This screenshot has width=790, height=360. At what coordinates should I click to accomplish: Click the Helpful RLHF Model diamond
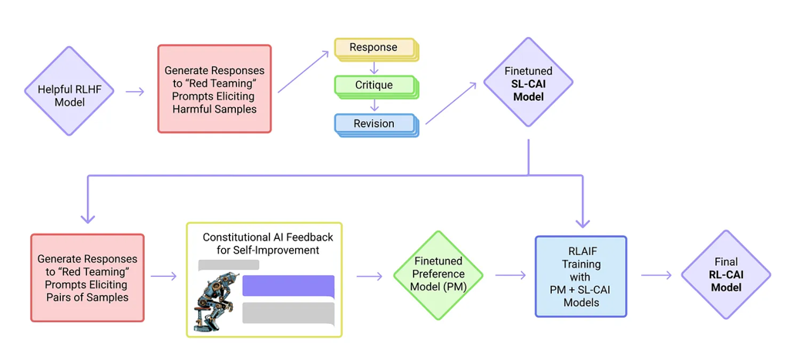69,91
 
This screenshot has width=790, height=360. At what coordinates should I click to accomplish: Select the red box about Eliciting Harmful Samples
214,88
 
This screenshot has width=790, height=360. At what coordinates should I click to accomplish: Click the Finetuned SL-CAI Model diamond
528,82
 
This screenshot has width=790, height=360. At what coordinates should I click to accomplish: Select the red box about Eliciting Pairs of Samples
87,278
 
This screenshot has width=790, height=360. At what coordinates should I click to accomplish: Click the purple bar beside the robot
289,286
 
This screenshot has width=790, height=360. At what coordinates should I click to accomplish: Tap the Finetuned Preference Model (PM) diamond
437,275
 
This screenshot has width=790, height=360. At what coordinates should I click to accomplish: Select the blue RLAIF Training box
581,276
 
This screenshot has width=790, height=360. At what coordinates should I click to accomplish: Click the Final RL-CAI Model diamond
726,274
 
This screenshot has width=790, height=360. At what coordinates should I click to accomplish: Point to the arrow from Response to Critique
374,69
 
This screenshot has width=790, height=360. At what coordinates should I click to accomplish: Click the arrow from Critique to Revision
374,106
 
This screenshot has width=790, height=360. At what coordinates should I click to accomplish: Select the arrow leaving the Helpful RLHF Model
135,91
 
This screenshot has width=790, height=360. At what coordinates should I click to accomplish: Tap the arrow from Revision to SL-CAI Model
451,103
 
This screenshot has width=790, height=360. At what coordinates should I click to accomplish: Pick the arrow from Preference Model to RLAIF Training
510,275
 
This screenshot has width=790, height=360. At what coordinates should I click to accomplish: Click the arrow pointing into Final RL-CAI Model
657,275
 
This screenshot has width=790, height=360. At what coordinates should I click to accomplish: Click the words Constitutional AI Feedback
268,237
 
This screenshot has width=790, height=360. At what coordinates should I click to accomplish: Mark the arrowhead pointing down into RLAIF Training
583,221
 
